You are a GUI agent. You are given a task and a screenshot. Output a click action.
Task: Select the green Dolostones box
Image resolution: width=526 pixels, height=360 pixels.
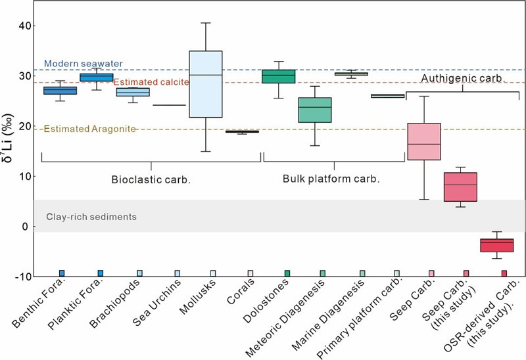coord(278,76)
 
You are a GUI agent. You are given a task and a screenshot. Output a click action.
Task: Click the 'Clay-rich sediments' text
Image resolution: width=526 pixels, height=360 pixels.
coord(91,216)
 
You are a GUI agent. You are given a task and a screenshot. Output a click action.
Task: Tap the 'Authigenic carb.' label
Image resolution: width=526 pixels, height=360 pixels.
coord(462,78)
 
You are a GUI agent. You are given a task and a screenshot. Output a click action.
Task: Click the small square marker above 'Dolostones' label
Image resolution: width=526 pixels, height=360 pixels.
coord(287,273)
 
